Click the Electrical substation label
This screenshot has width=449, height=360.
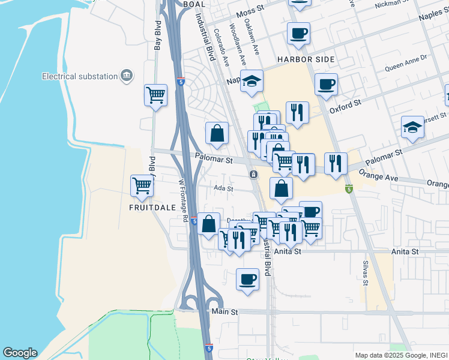79,76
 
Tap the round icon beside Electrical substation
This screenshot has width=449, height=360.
127,75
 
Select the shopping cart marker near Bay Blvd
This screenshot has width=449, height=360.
155,95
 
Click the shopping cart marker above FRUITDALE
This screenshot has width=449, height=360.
142,185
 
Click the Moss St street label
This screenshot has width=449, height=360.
251,13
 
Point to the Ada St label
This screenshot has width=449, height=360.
224,188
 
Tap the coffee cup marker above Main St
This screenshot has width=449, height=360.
247,279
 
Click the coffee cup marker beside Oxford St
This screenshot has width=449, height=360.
326,84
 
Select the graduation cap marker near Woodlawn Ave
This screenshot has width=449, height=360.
252,81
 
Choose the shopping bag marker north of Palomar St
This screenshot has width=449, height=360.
217,133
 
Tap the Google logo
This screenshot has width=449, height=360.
20,353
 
